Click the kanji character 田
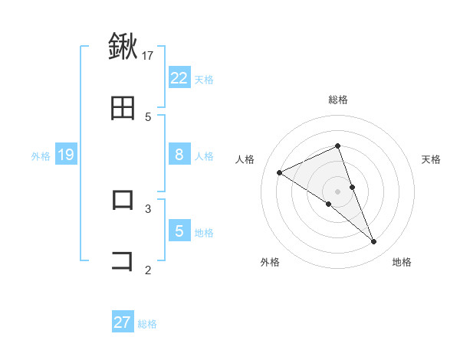pyautogui.click(x=123, y=109)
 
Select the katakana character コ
pyautogui.click(x=123, y=260)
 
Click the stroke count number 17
pyautogui.click(x=148, y=55)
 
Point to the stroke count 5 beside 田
pyautogui.click(x=148, y=116)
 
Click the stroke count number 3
pyautogui.click(x=148, y=208)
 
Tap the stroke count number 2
pyautogui.click(x=148, y=269)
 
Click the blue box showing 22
pyautogui.click(x=179, y=77)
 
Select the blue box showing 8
pyautogui.click(x=179, y=155)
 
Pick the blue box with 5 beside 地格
pyautogui.click(x=179, y=231)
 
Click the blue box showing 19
pyautogui.click(x=66, y=155)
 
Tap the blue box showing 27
pyautogui.click(x=123, y=322)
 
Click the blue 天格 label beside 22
pyautogui.click(x=204, y=79)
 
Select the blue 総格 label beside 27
pyautogui.click(x=147, y=324)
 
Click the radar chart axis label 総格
pyautogui.click(x=338, y=100)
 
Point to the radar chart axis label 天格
pyautogui.click(x=432, y=159)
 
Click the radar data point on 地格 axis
pyautogui.click(x=374, y=242)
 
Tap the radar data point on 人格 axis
pyautogui.click(x=280, y=172)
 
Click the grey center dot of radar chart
pyautogui.click(x=338, y=191)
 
